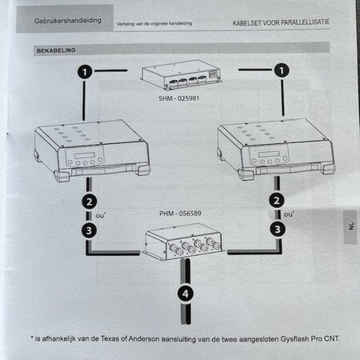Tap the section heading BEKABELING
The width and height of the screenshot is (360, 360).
pyautogui.click(x=56, y=50)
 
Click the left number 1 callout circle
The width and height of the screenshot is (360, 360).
pyautogui.click(x=86, y=71)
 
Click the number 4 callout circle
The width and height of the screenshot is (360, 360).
pyautogui.click(x=185, y=294)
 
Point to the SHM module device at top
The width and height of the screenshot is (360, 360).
pyautogui.click(x=182, y=77)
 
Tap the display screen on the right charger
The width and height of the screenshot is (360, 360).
pyautogui.click(x=270, y=154)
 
